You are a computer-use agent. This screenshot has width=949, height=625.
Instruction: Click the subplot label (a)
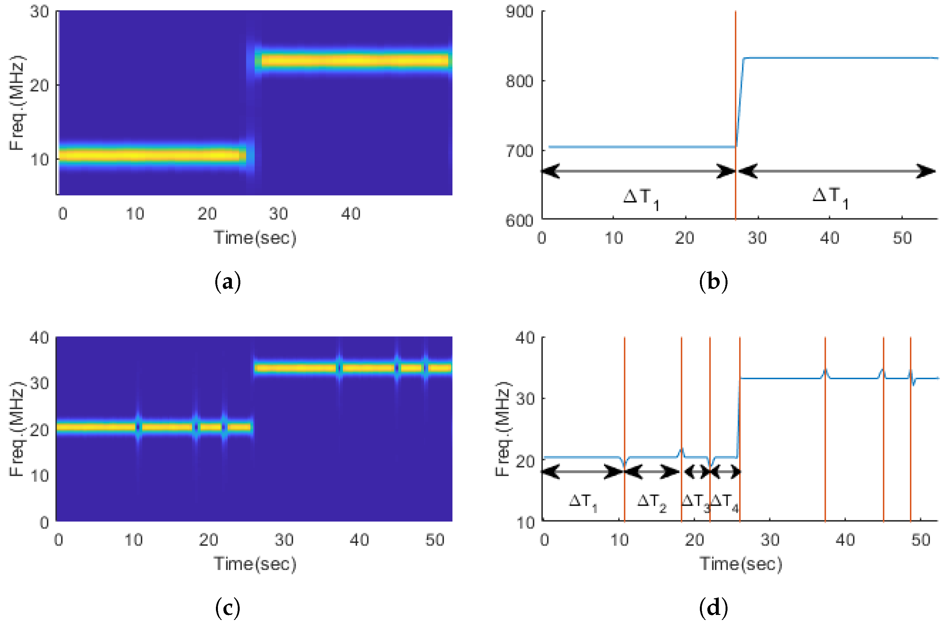tap(228, 282)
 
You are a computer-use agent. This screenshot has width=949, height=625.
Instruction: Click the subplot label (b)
tap(713, 282)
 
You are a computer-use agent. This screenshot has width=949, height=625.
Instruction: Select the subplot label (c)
tap(228, 608)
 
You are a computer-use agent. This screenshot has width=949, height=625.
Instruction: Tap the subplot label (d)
tap(713, 608)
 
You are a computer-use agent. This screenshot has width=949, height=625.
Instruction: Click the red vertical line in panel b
tap(735, 100)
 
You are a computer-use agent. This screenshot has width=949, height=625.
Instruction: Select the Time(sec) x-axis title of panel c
tap(255, 564)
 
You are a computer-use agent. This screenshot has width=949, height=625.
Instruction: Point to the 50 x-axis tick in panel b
tap(902, 238)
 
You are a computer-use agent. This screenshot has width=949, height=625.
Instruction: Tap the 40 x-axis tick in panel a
tap(351, 214)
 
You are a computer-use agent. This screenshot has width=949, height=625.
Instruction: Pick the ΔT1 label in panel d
tap(582, 502)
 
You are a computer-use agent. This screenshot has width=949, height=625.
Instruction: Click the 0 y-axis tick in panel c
tap(44, 523)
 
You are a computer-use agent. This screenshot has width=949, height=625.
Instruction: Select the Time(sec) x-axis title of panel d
tap(741, 564)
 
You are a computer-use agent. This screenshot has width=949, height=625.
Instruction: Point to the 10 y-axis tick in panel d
tap(526, 523)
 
